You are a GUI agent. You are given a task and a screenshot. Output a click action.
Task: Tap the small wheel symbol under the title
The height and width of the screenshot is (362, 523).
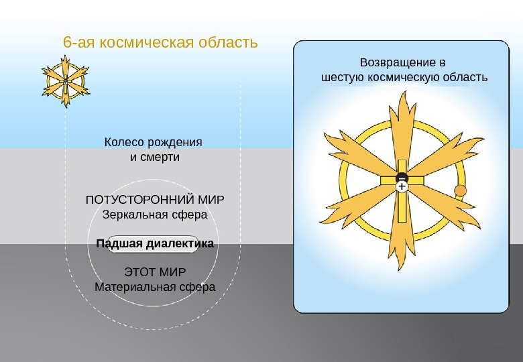pos(66,82)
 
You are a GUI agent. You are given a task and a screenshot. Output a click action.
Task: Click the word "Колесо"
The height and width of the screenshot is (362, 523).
pos(125,143)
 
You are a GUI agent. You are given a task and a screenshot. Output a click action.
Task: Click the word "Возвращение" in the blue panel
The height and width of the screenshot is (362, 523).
pos(392,62)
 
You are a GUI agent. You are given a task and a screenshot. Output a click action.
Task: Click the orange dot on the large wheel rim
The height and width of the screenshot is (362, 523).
pos(461,191)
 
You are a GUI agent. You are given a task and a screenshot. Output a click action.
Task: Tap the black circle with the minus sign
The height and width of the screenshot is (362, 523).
pos(402,178)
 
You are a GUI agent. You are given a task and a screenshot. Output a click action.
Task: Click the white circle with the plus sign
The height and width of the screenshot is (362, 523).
pos(402,187)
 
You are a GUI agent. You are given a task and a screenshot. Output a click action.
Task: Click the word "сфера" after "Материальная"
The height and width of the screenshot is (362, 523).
pos(196,287)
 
